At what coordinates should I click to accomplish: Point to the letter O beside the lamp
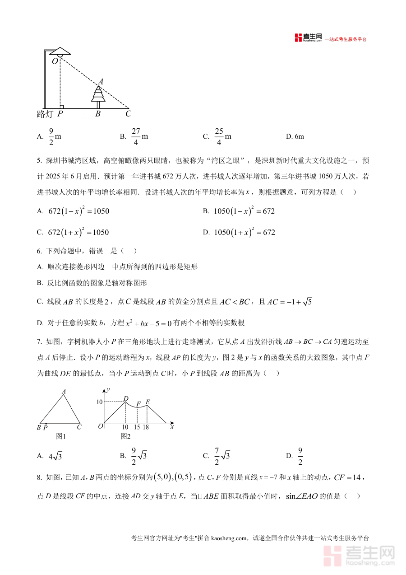click(55, 61)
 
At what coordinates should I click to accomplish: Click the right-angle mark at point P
click(61, 106)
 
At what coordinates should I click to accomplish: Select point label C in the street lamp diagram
click(128, 114)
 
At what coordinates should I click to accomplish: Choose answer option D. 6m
click(295, 136)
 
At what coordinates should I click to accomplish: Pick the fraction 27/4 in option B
click(136, 136)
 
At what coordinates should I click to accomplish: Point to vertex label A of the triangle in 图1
click(64, 392)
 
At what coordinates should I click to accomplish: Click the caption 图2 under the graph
click(125, 436)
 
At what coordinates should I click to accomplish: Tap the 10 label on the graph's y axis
click(100, 402)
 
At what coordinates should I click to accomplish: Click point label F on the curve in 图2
click(138, 403)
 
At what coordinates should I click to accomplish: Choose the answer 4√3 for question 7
click(55, 456)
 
